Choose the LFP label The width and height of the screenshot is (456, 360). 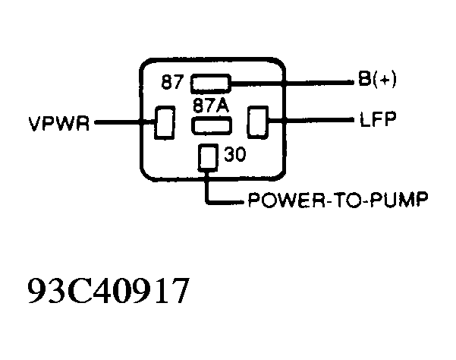373,120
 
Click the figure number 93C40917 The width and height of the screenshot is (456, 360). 105,292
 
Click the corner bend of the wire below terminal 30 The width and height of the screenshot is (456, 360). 206,201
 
